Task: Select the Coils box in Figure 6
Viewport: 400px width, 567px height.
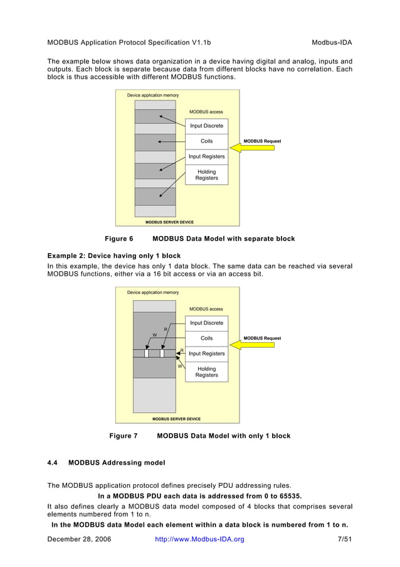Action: click(206, 141)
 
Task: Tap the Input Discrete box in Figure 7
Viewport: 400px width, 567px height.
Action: click(206, 323)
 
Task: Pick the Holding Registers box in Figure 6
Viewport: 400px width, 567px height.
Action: click(206, 175)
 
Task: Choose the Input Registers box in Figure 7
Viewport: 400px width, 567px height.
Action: click(206, 354)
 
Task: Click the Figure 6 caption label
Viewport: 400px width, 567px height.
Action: click(118, 239)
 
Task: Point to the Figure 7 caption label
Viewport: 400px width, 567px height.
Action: click(124, 436)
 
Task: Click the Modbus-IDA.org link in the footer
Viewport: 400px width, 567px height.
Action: click(199, 539)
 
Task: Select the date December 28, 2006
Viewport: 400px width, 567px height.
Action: click(79, 539)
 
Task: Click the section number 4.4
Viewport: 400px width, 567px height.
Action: click(53, 463)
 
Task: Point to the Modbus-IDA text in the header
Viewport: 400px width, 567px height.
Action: click(332, 43)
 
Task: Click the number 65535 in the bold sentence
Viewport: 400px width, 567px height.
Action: click(288, 495)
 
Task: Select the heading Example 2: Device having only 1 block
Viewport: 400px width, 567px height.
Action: click(114, 256)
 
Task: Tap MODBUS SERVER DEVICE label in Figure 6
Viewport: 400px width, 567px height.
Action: click(169, 222)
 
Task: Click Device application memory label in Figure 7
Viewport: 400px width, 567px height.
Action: click(153, 293)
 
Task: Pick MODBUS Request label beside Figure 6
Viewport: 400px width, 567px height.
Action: click(262, 141)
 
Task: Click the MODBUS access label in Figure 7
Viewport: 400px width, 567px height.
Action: click(206, 309)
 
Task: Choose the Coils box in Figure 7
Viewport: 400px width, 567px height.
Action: click(206, 338)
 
